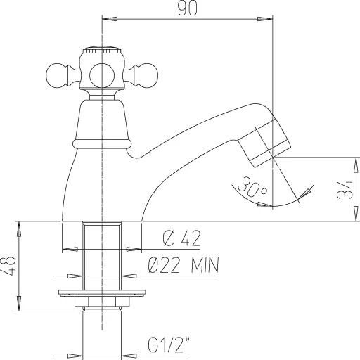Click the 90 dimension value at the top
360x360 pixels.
click(186, 9)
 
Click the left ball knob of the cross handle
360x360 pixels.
click(58, 73)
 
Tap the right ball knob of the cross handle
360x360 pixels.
click(150, 73)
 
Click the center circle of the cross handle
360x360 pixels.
click(103, 73)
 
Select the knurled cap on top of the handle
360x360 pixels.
click(103, 53)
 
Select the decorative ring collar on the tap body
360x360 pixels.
click(103, 143)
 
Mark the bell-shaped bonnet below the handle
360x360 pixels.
click(103, 120)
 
